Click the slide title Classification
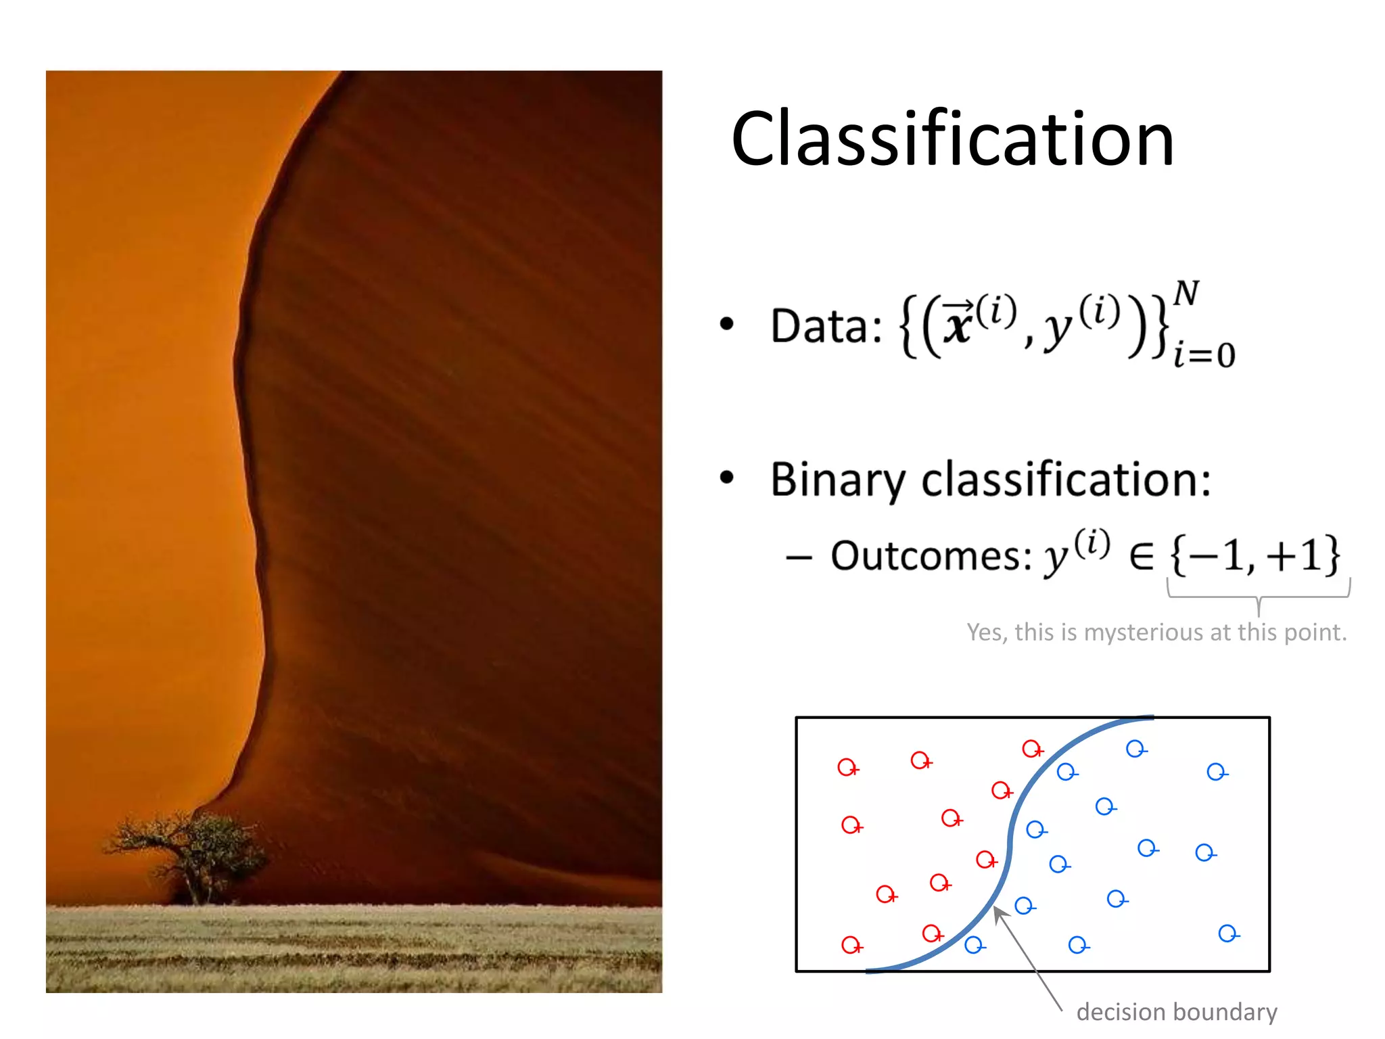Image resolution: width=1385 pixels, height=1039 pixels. (x=952, y=139)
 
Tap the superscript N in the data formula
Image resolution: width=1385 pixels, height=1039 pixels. (x=1186, y=294)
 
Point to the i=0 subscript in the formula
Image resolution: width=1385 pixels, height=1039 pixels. (x=1204, y=355)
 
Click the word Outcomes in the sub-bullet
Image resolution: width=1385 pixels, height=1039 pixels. (x=931, y=556)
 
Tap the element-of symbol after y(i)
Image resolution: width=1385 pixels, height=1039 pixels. (x=1142, y=556)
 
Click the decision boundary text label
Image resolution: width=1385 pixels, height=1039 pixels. (x=1177, y=1012)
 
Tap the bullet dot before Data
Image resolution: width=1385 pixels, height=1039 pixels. (x=727, y=324)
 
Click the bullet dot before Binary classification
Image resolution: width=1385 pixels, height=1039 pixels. (x=727, y=478)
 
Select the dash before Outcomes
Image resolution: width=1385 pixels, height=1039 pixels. (x=799, y=558)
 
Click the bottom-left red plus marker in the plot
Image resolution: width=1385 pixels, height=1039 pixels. (x=851, y=945)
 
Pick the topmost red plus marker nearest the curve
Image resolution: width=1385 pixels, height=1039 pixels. (x=1031, y=749)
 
